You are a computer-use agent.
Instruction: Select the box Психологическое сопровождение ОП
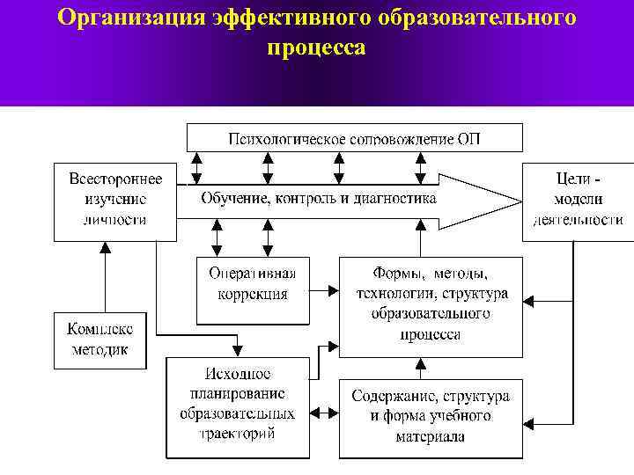point(354,138)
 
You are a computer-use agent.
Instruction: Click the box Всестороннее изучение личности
point(115,201)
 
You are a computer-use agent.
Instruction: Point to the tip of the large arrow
point(520,201)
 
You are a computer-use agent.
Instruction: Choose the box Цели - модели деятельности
point(579,201)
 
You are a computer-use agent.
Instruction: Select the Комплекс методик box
point(100,340)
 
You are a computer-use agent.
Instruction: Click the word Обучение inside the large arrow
point(232,199)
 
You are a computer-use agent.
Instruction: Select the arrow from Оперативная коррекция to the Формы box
point(324,289)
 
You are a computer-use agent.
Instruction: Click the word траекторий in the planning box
point(239,433)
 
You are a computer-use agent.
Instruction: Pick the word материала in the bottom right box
point(431,436)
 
